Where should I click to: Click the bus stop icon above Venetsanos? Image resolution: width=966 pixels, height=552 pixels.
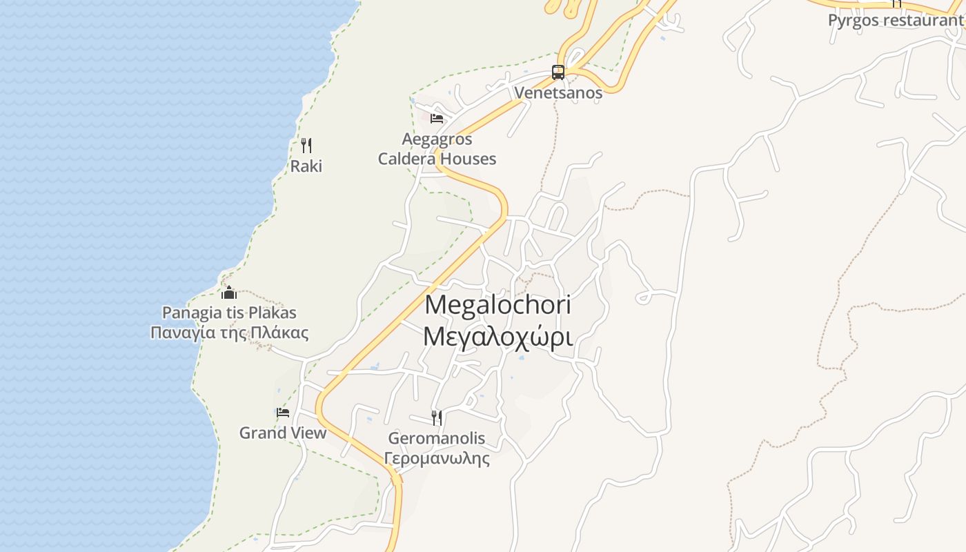[x=558, y=72]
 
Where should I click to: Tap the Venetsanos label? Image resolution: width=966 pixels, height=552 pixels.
[x=558, y=92]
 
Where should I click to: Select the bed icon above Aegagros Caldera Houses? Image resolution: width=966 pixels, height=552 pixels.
[x=436, y=118]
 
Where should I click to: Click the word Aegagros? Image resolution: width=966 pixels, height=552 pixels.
[x=437, y=139]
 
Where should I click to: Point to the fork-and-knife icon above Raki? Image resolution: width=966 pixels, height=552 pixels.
[x=306, y=145]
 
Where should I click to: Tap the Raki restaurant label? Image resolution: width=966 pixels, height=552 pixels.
[x=306, y=166]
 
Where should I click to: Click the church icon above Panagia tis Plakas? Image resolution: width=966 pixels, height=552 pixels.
[x=229, y=293]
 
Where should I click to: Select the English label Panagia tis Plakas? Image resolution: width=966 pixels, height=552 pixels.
[x=229, y=313]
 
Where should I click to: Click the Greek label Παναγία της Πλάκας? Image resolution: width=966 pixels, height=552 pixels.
[x=229, y=333]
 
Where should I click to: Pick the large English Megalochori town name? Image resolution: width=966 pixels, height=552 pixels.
[x=498, y=305]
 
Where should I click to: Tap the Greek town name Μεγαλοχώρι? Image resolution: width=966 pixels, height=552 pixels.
[x=498, y=337]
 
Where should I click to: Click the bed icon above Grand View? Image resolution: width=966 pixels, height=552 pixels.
[x=283, y=413]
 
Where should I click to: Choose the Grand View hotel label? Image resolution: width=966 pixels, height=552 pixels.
[x=283, y=433]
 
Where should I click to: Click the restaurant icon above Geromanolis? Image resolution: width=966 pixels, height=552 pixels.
[x=436, y=417]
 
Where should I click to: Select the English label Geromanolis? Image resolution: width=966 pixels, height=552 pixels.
[x=437, y=438]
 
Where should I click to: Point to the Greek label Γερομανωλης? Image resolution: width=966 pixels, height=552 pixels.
[x=437, y=458]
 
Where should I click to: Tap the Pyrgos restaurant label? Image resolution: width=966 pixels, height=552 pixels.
[x=896, y=20]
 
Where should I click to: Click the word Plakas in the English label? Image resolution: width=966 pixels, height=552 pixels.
[x=271, y=313]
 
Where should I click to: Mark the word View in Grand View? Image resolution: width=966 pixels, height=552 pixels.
[x=307, y=433]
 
